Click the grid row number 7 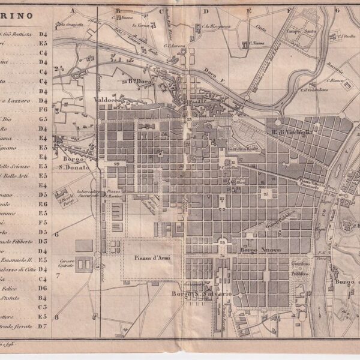click(58, 276)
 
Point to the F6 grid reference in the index click(43, 110)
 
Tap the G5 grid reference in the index click(43, 119)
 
